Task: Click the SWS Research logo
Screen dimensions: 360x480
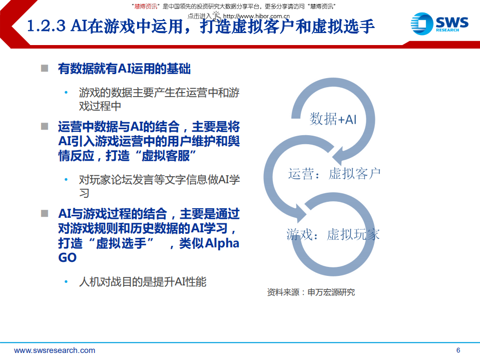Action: point(439,24)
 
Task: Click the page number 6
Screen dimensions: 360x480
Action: point(458,350)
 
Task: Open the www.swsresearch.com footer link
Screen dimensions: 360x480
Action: point(55,350)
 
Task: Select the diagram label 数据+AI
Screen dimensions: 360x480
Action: point(333,119)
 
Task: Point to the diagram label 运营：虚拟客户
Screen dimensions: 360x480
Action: point(334,174)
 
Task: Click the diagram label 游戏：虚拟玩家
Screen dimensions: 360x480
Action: point(333,234)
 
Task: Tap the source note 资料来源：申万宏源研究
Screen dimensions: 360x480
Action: point(311,292)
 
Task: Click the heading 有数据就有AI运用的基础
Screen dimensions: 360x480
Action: point(124,69)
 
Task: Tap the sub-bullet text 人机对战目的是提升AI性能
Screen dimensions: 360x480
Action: point(143,282)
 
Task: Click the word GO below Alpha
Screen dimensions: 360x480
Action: point(68,258)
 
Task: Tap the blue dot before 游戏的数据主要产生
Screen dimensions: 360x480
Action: point(66,93)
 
